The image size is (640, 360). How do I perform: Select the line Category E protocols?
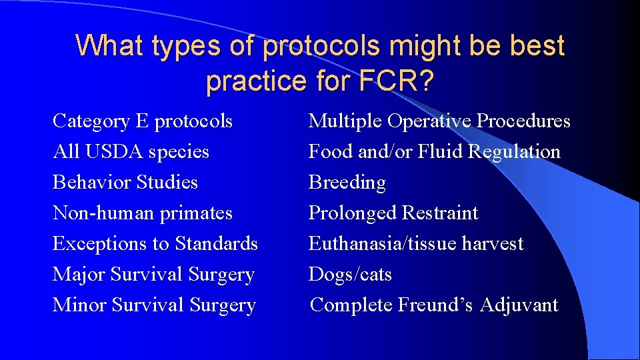(x=143, y=121)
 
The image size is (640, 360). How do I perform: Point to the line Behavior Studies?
(x=125, y=183)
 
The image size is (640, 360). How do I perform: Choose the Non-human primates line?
(x=143, y=213)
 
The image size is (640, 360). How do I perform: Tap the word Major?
(x=79, y=275)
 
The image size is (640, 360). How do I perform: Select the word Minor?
(x=80, y=305)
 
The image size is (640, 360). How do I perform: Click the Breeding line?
(x=347, y=183)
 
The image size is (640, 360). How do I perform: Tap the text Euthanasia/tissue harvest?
(x=416, y=244)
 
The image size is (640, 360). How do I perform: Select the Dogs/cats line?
(x=350, y=275)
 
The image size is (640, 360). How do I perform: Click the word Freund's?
(x=436, y=305)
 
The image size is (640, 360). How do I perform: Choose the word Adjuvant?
(x=519, y=305)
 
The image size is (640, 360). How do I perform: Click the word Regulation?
(x=514, y=152)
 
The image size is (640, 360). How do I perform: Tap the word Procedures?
(x=525, y=121)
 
